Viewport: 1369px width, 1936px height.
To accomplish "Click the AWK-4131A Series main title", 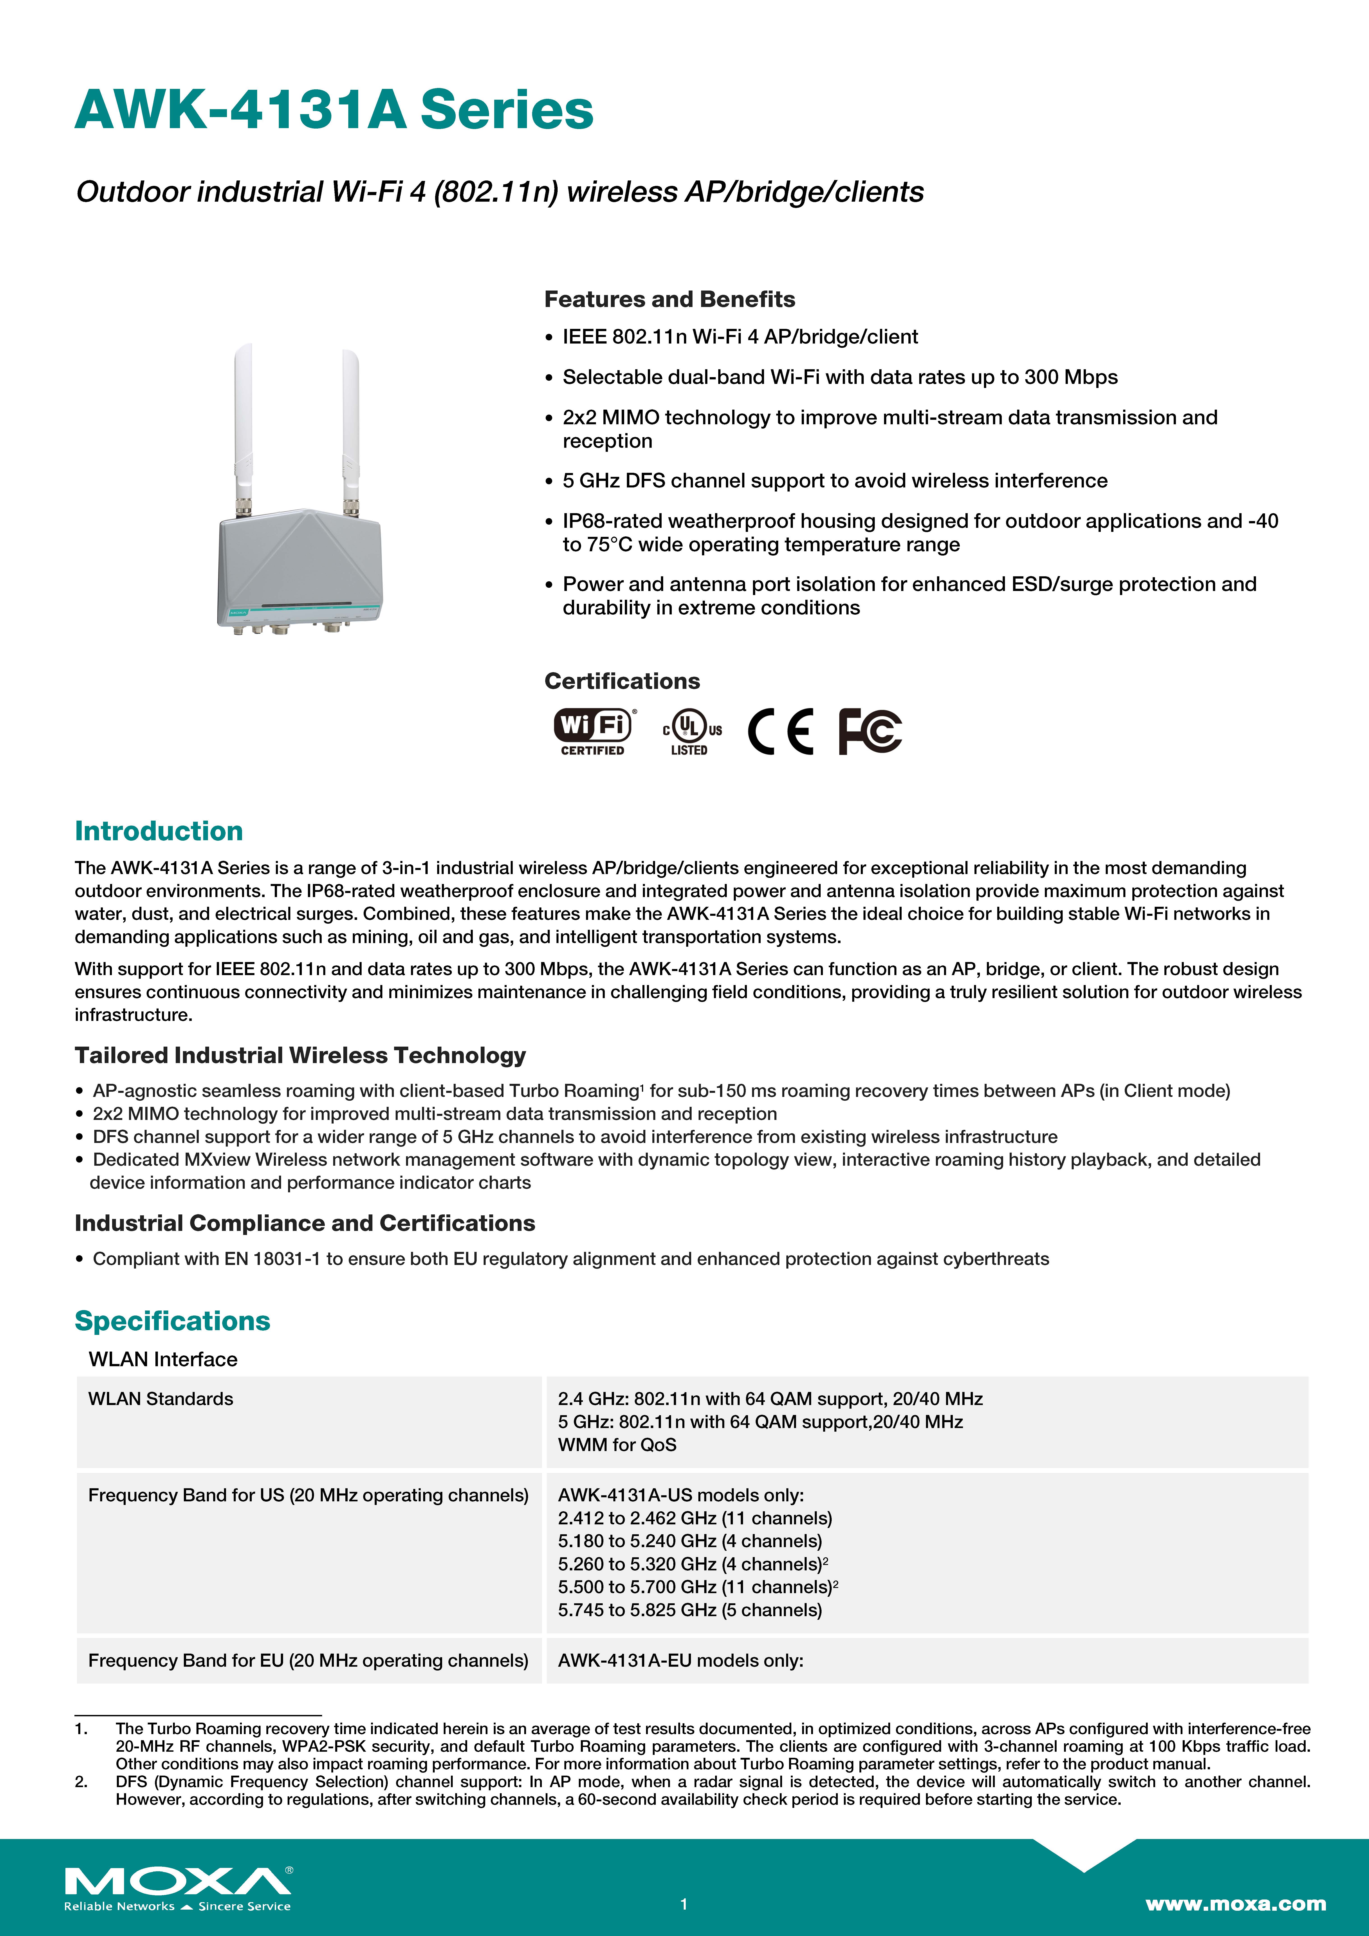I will tap(334, 111).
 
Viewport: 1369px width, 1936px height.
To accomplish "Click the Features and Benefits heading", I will tap(669, 299).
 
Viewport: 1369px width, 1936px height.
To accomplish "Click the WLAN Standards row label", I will tap(160, 1399).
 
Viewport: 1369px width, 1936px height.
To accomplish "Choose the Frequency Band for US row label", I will tap(308, 1495).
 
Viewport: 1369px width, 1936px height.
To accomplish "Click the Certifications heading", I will tap(622, 681).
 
